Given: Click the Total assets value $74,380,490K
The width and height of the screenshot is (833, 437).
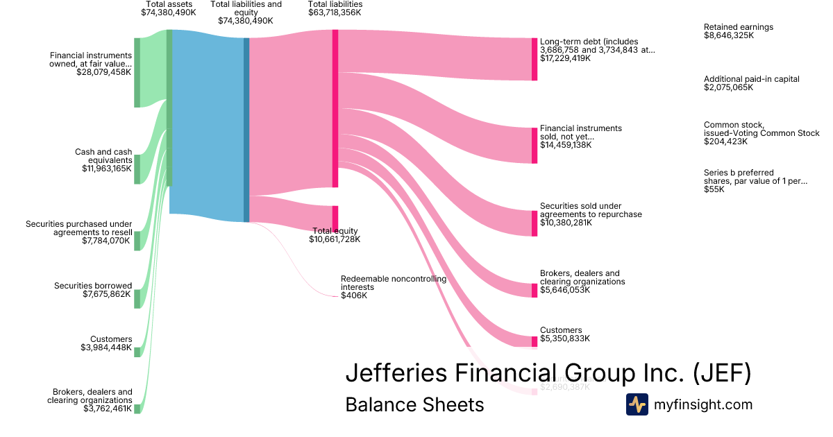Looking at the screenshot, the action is tap(168, 12).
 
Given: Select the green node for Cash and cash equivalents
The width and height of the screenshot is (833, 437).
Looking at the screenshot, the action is tap(137, 169).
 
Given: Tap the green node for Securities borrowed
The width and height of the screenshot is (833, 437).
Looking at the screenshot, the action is tap(137, 298).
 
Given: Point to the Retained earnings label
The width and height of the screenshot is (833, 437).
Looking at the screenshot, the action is tap(738, 27).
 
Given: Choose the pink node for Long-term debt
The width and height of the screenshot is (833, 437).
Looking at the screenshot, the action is tap(535, 59).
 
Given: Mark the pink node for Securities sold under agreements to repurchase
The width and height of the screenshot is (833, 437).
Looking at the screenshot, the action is tap(535, 223).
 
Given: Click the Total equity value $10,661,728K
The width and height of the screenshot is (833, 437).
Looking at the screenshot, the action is tap(335, 239).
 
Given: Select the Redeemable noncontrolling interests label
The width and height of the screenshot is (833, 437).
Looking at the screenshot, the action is tap(393, 282).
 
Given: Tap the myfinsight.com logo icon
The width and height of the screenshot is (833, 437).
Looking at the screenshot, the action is tap(637, 404).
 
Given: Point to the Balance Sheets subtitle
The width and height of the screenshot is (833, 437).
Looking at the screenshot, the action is tap(414, 404).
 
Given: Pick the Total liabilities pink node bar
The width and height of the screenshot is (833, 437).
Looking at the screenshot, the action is tap(335, 108).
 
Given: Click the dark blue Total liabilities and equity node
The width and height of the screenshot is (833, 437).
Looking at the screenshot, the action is tap(246, 130).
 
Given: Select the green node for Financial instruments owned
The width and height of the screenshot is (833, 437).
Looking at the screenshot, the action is tap(137, 73).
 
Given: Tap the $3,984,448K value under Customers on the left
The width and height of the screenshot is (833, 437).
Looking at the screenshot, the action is tap(106, 348).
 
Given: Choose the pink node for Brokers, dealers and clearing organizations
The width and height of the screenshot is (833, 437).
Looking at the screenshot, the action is tap(535, 290).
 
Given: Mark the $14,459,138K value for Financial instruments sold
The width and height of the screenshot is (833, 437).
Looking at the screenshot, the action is tap(566, 146).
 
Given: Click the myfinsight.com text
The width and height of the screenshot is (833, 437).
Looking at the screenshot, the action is tap(703, 404).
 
